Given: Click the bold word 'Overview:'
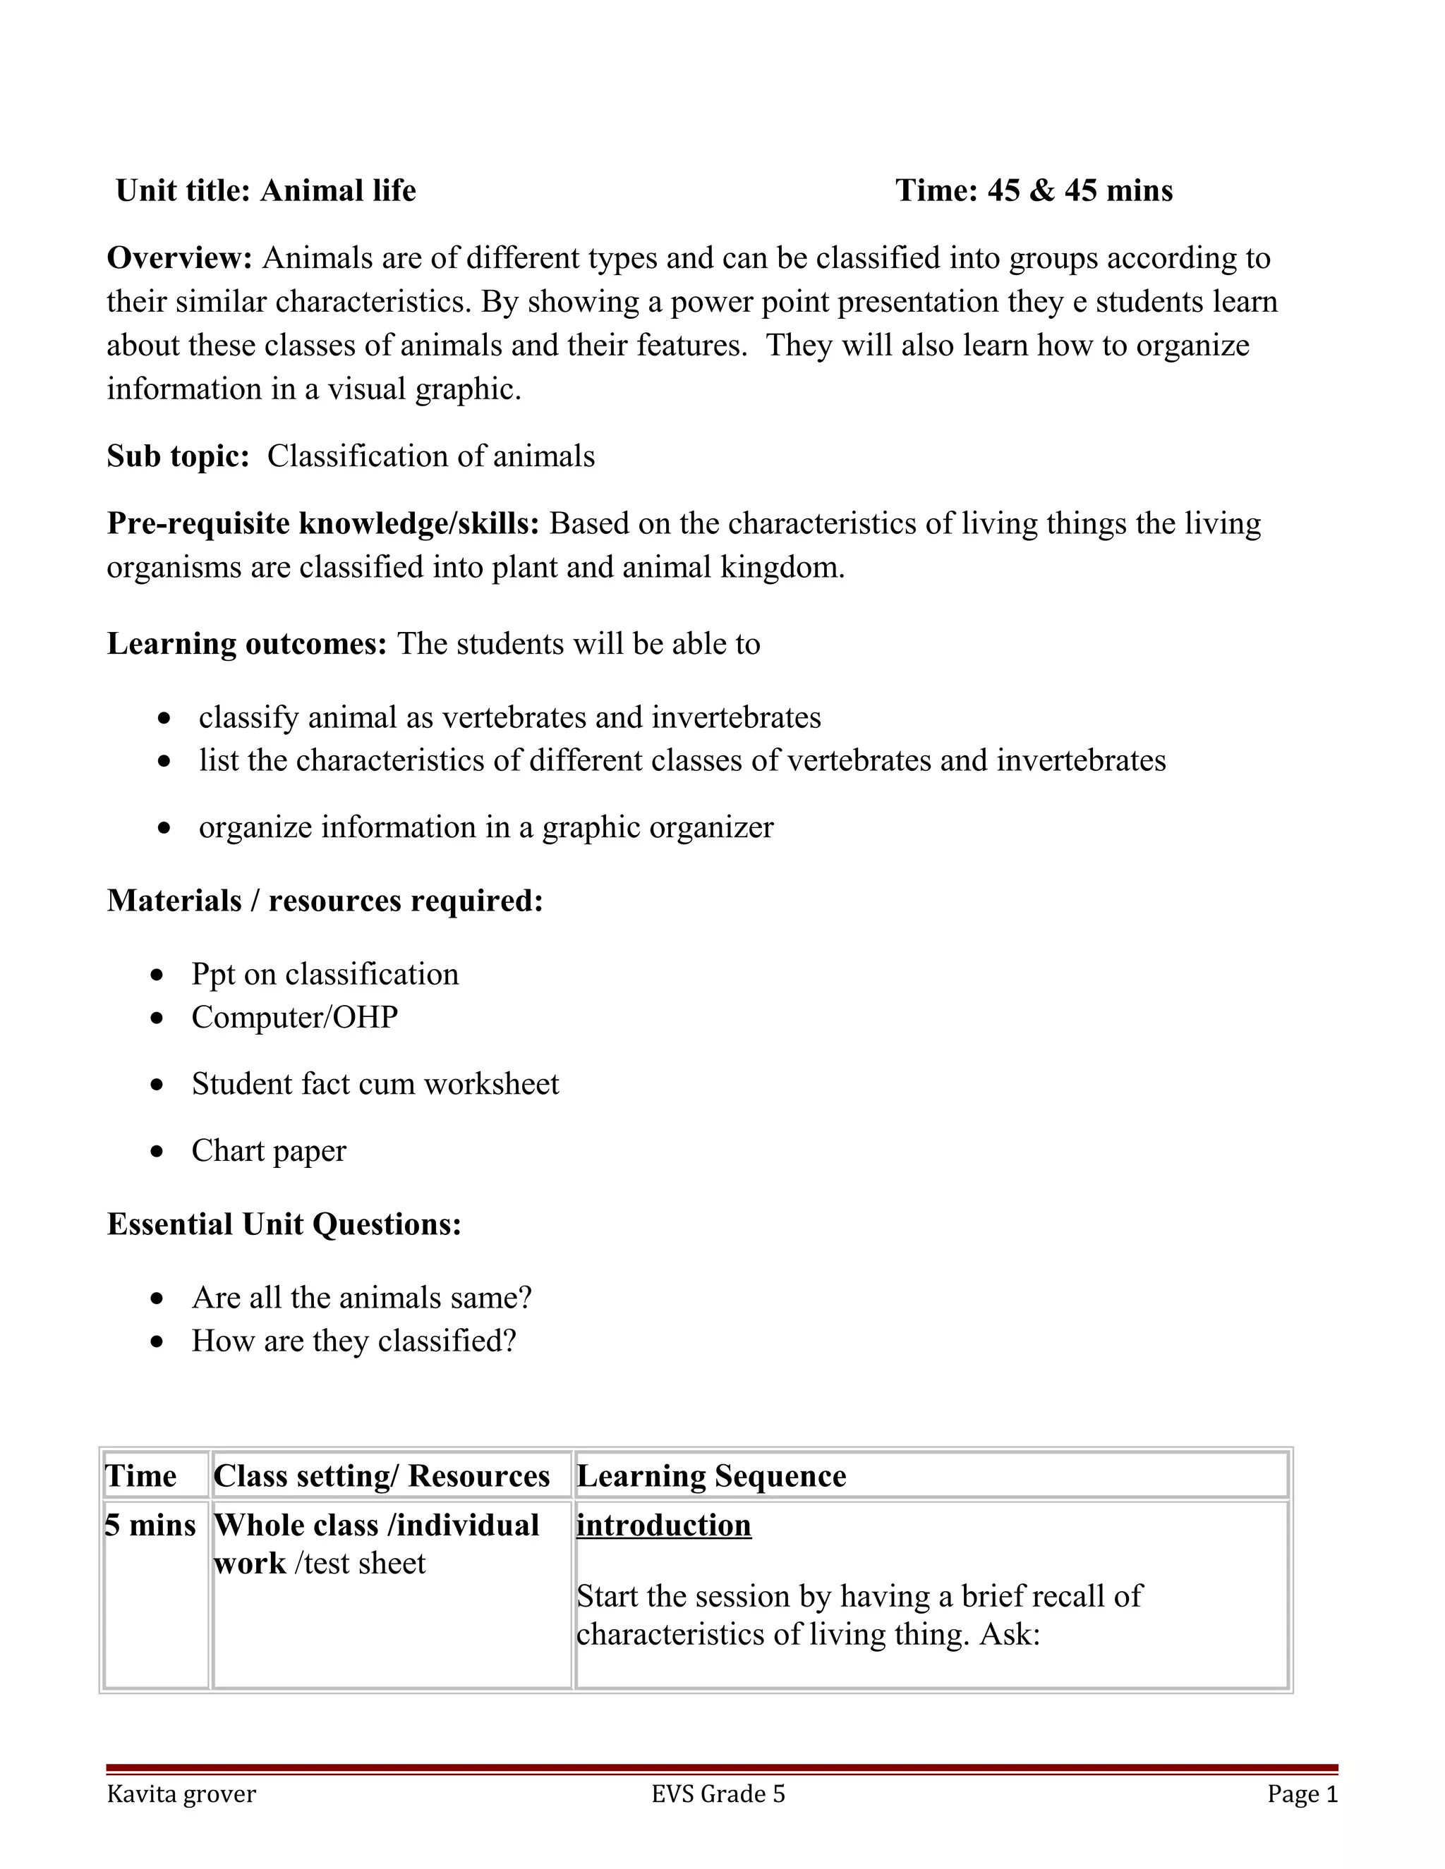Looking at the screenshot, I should point(179,257).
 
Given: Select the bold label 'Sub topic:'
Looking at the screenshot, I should point(177,456).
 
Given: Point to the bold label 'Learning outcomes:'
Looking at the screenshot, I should point(246,643).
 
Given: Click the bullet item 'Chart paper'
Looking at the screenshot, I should point(269,1150).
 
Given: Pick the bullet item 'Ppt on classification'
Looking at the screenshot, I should point(325,974).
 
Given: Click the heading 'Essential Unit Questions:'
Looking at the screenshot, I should point(284,1224).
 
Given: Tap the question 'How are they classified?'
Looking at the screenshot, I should point(353,1340).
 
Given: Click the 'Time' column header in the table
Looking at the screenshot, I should point(140,1476).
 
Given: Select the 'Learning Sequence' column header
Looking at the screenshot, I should point(711,1476).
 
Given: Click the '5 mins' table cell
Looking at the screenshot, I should point(151,1525).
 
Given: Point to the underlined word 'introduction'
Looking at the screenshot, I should point(663,1525).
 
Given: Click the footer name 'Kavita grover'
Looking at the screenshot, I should point(181,1794).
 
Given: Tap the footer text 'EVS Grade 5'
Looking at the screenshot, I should point(718,1794).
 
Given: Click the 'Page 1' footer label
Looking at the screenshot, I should point(1301,1794).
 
